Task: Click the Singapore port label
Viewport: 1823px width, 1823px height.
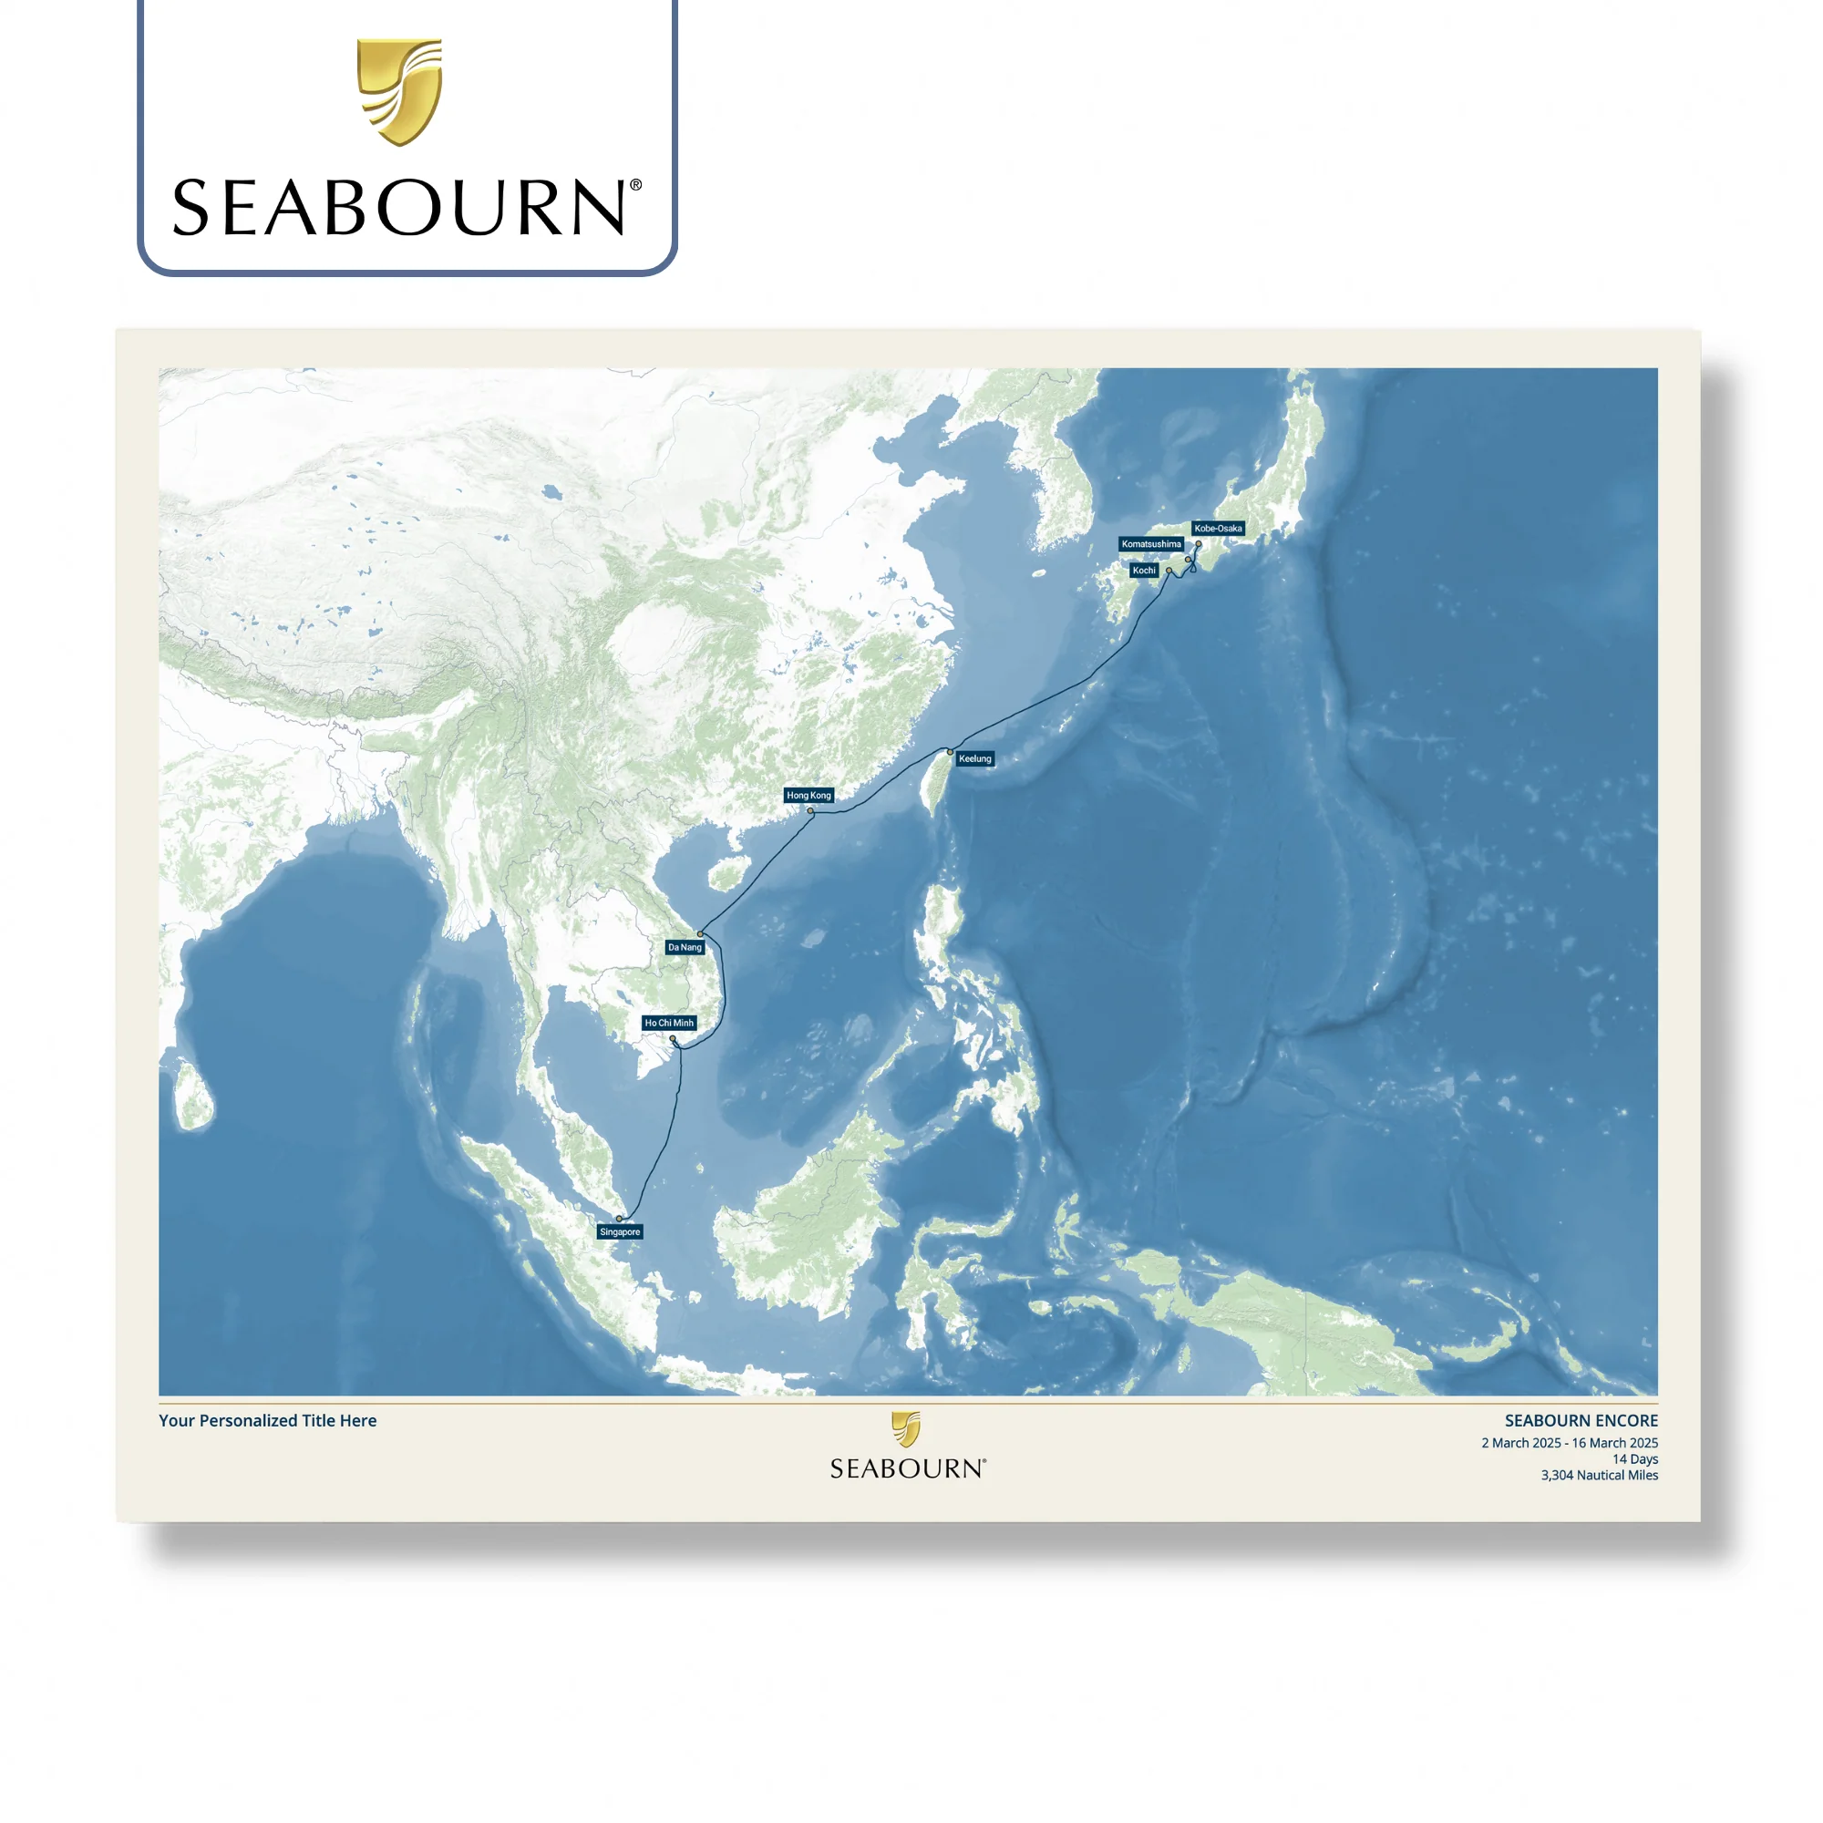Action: tap(620, 1232)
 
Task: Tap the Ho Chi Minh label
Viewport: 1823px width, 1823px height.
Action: tap(669, 1023)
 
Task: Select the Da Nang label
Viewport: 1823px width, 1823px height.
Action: tap(685, 947)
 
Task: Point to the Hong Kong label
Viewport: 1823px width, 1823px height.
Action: tap(809, 796)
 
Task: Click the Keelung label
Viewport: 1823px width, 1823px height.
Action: tap(974, 758)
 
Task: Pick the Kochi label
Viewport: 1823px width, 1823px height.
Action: tap(1144, 571)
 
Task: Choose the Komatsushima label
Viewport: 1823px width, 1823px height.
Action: tap(1151, 544)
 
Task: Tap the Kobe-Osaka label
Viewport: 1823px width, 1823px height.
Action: tap(1218, 529)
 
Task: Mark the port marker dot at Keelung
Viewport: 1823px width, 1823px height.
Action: tap(950, 752)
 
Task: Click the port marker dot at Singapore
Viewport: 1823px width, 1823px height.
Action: tap(619, 1219)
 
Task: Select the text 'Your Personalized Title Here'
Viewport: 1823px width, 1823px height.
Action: tap(267, 1421)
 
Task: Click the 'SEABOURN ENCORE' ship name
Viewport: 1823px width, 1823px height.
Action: tap(1581, 1421)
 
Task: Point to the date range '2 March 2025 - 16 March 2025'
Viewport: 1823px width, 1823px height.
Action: tap(1570, 1444)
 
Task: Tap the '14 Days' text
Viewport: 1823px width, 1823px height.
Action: tap(1634, 1459)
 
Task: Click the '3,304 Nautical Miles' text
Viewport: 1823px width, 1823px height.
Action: tap(1600, 1476)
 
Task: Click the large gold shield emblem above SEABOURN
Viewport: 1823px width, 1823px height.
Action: tap(399, 91)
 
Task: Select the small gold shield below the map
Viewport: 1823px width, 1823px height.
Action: tap(906, 1429)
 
